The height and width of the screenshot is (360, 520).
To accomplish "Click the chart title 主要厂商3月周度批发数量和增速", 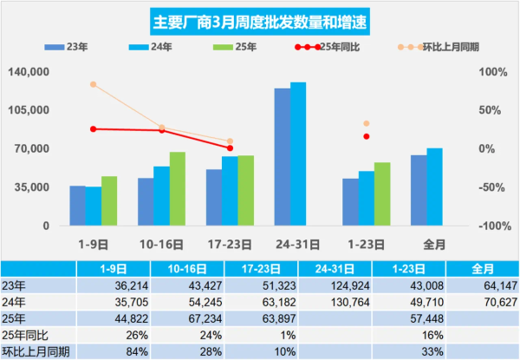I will point(259,22).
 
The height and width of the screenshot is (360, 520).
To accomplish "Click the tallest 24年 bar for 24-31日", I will point(298,154).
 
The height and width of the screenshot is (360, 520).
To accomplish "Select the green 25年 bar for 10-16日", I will point(178,188).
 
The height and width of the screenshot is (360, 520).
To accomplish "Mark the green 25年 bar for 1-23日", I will point(382,193).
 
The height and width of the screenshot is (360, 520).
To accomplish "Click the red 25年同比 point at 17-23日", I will point(230,148).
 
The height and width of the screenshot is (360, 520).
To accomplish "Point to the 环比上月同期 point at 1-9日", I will point(94,84).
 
